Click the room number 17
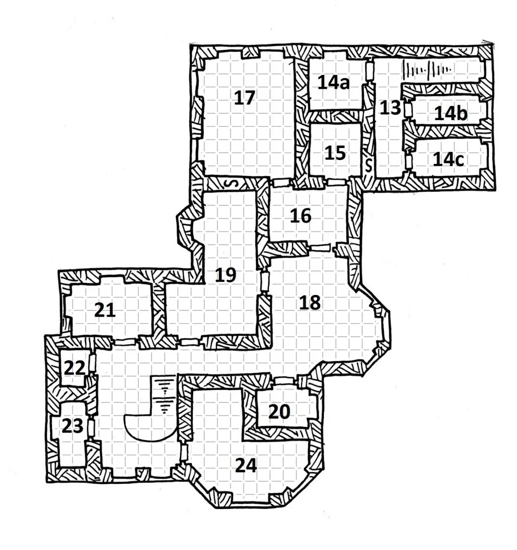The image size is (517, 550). [x=244, y=97]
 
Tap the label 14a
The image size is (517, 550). [x=333, y=83]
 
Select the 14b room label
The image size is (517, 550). [x=451, y=113]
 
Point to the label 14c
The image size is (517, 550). [x=448, y=159]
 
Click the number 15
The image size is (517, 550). [x=335, y=153]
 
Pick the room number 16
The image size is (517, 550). [x=301, y=216]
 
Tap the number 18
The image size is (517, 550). [x=310, y=302]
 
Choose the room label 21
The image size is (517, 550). [x=105, y=310]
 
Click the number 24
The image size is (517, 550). [x=246, y=466]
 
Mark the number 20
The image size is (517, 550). [x=279, y=412]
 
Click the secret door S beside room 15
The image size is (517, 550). [x=368, y=165]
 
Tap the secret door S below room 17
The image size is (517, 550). [x=234, y=183]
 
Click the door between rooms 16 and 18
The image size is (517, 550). [x=320, y=248]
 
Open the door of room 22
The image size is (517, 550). [x=92, y=362]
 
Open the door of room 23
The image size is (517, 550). [x=91, y=428]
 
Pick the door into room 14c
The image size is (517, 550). [x=408, y=161]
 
